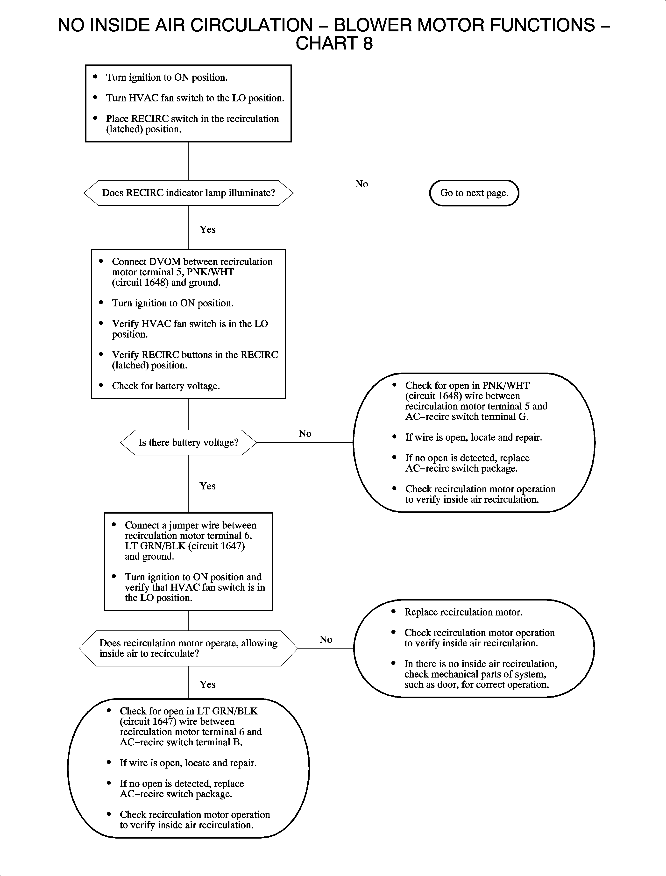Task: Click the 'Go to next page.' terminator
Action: point(474,193)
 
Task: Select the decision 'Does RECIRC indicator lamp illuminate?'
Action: point(188,193)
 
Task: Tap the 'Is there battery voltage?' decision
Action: point(188,442)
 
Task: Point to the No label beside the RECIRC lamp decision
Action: point(361,184)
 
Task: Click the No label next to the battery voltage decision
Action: point(305,434)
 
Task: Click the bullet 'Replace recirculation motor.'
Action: point(463,612)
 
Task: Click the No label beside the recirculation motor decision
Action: point(326,639)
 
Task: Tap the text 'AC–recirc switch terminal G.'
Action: point(467,417)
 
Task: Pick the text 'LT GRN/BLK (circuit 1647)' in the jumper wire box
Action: point(185,546)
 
